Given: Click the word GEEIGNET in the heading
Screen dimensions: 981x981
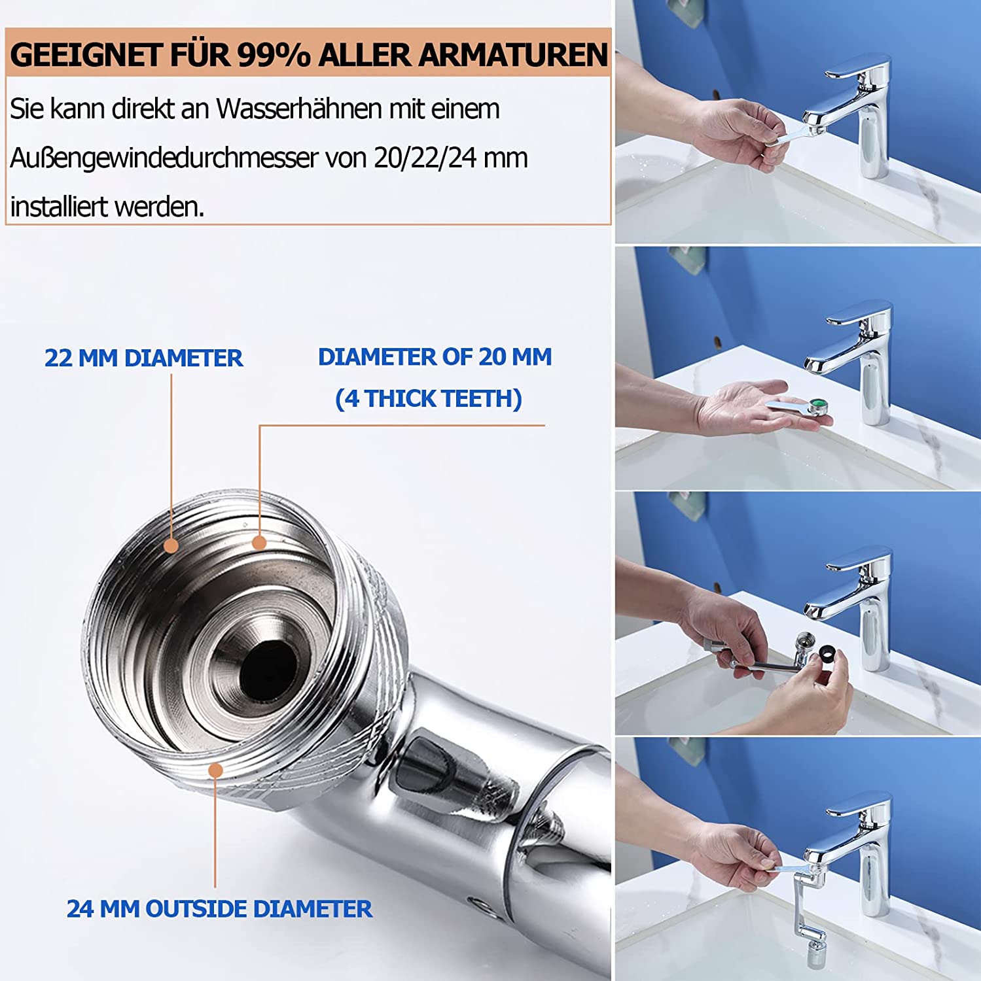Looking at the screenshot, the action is click(86, 54).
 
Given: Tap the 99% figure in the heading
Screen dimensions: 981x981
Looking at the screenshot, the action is click(274, 54).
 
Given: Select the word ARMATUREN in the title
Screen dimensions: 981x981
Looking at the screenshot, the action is click(513, 54).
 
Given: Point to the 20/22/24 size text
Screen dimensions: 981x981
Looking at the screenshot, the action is click(425, 158).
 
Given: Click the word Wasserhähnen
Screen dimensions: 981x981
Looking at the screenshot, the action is click(299, 109).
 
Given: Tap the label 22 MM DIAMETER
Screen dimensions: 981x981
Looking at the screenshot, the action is click(143, 358).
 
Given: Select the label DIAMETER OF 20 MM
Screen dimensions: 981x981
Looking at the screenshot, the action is click(435, 356).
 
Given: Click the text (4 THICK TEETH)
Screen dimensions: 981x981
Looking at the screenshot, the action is click(429, 398).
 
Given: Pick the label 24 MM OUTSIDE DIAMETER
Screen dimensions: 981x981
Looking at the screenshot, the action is click(219, 908).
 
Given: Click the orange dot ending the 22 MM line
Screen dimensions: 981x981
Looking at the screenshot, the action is click(171, 545).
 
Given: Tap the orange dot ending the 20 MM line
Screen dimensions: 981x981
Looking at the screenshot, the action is click(259, 542).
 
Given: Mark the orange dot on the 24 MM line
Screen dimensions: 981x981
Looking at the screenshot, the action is click(215, 771).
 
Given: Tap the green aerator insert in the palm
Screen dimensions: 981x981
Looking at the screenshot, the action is click(817, 405).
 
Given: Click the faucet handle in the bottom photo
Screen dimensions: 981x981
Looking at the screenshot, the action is click(858, 806).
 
